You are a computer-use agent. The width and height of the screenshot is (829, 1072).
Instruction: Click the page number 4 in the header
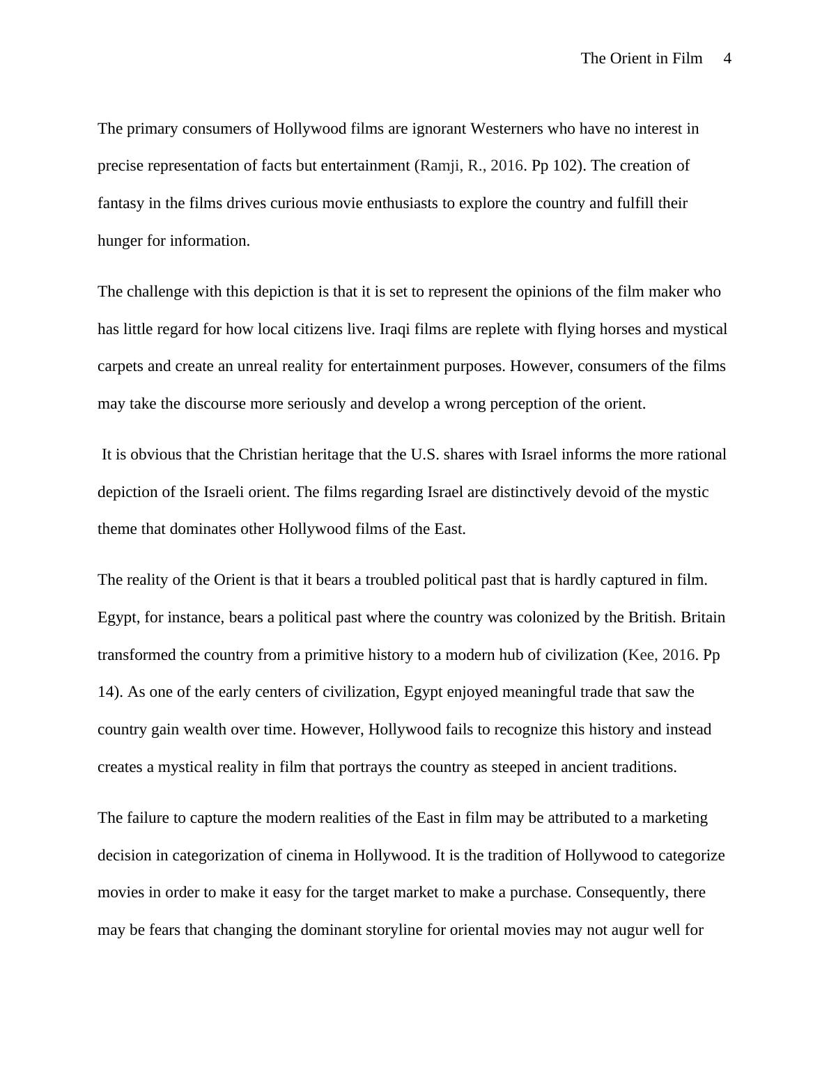(x=727, y=58)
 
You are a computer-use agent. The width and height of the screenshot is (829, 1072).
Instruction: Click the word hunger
(x=120, y=241)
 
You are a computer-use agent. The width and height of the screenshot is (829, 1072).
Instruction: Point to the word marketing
(x=674, y=818)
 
